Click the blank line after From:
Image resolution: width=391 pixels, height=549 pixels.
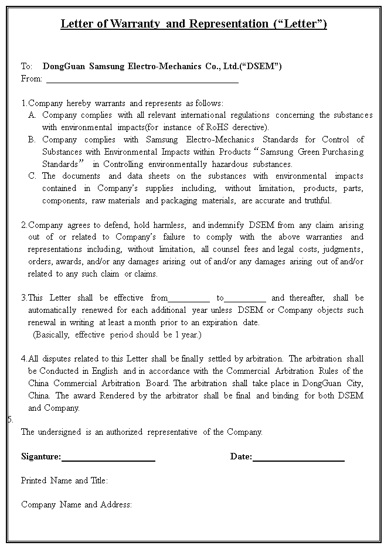click(x=142, y=81)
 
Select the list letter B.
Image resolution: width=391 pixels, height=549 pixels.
click(x=32, y=139)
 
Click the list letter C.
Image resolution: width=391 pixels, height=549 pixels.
click(x=32, y=176)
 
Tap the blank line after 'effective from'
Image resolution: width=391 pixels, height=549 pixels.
click(x=189, y=299)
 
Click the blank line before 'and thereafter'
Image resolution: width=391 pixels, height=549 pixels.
click(x=245, y=299)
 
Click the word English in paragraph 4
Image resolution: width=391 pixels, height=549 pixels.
click(x=103, y=371)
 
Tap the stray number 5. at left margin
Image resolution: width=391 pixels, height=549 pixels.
click(x=10, y=420)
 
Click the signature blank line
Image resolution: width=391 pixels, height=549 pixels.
click(x=108, y=459)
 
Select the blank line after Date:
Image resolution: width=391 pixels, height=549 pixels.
click(x=298, y=459)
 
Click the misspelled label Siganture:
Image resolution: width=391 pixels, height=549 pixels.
click(x=41, y=456)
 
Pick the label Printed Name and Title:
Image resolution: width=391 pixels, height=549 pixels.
click(x=64, y=480)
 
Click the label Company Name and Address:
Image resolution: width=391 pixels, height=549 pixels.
click(x=76, y=504)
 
